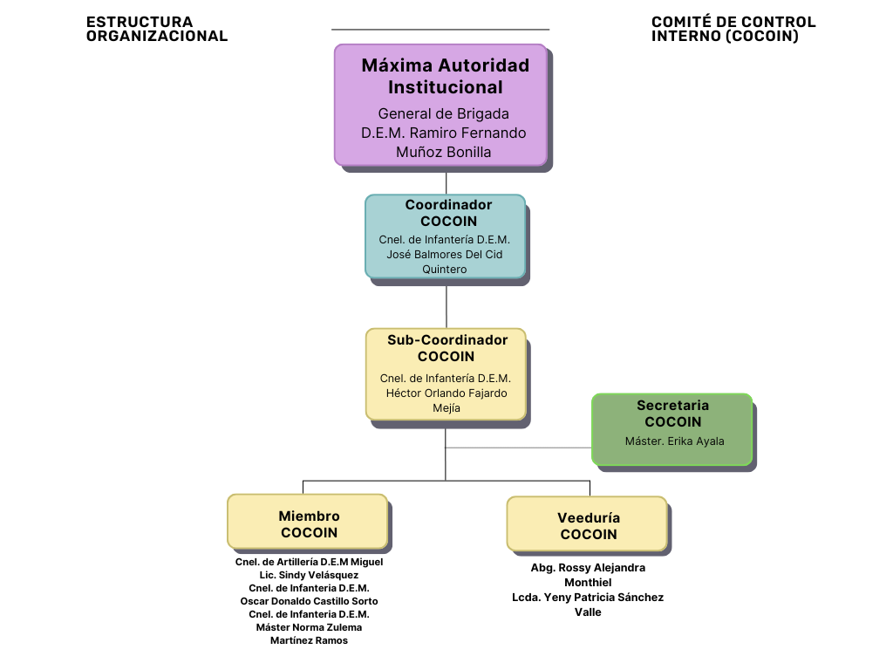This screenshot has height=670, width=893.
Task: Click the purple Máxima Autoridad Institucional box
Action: (x=440, y=105)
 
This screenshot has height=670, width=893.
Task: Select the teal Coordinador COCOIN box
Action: (x=445, y=236)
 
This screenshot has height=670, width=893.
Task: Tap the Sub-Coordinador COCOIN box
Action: (x=446, y=373)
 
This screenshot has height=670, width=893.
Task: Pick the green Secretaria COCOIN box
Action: (x=671, y=429)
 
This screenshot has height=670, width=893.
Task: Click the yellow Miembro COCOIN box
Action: (x=307, y=521)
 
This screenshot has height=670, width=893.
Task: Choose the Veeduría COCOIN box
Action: (x=587, y=523)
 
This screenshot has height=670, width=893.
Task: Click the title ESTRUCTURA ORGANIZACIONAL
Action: (x=157, y=29)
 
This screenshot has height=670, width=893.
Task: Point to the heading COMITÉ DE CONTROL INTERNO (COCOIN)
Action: (x=733, y=29)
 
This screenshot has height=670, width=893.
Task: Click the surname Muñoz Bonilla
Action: (x=443, y=152)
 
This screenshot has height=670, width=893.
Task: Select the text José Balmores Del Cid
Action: (x=445, y=255)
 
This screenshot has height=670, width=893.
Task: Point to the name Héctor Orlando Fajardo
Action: (x=446, y=393)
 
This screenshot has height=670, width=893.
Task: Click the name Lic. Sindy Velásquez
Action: (x=309, y=575)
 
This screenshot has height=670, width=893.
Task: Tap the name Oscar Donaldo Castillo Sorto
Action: (x=309, y=601)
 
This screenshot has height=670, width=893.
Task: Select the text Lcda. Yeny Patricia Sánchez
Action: (x=588, y=598)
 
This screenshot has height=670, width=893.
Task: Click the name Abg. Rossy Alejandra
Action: (x=588, y=568)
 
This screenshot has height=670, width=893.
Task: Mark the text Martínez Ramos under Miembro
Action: (x=309, y=640)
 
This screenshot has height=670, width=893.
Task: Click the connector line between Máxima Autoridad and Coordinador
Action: (x=446, y=181)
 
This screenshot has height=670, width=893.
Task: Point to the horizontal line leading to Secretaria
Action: (x=519, y=448)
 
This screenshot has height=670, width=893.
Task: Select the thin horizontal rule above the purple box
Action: (x=440, y=30)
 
